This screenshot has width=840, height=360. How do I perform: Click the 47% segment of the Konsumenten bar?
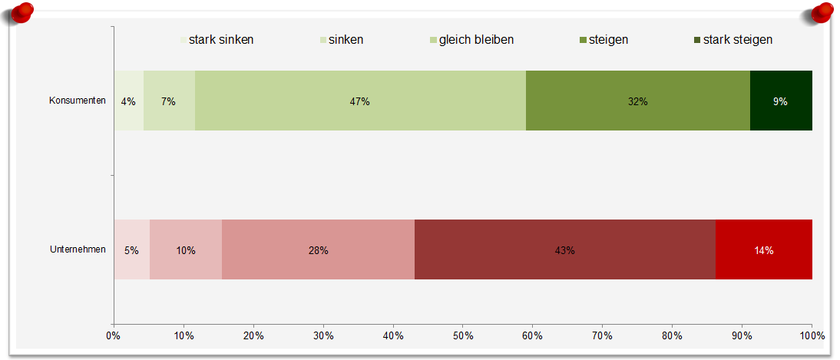(x=360, y=101)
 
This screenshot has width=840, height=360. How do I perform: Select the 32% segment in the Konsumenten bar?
(x=638, y=101)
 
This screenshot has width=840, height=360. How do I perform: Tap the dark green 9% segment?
(x=781, y=101)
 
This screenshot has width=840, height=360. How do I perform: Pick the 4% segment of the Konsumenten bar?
(x=128, y=101)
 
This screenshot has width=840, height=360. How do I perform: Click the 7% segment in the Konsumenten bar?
(x=169, y=101)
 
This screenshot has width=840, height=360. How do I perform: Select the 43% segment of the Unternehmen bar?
(x=565, y=249)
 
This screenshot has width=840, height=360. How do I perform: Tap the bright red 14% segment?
(x=764, y=249)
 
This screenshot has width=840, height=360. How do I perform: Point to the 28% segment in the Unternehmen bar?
(x=318, y=249)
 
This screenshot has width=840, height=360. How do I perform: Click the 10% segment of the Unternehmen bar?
(x=186, y=249)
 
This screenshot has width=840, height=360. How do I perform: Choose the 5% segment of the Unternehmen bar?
(x=132, y=249)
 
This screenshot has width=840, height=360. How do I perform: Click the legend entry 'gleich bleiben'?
(x=472, y=40)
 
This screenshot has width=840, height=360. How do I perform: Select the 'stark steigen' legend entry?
(x=733, y=40)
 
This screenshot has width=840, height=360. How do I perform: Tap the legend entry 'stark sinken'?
(x=217, y=40)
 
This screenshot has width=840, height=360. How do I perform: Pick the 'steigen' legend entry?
(x=604, y=40)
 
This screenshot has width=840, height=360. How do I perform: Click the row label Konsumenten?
(x=78, y=101)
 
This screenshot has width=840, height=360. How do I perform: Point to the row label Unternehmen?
(x=78, y=249)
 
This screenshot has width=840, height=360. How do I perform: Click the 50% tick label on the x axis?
(x=463, y=336)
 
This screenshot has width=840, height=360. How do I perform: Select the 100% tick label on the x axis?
(x=812, y=336)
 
